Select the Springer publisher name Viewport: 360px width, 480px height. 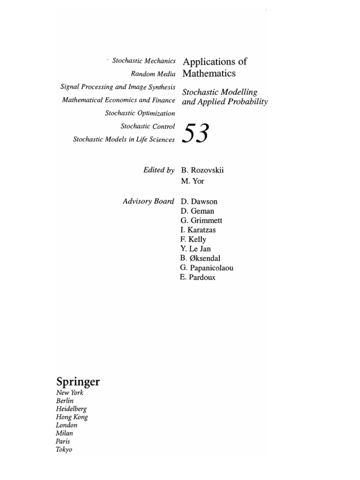[x=78, y=382]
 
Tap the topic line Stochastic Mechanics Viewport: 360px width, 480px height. [x=144, y=61]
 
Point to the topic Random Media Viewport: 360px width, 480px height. [x=154, y=74]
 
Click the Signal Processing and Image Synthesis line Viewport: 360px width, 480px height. [x=118, y=87]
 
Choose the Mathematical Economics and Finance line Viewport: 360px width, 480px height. [x=119, y=100]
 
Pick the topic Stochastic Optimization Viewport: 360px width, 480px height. [x=140, y=113]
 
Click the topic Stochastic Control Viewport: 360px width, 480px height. [x=148, y=126]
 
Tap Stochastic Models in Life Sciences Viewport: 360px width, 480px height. [x=124, y=139]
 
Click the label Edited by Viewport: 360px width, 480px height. [x=159, y=170]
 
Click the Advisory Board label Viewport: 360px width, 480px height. [x=149, y=202]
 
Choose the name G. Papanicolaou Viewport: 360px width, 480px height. [x=206, y=268]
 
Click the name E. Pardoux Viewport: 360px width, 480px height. [x=198, y=277]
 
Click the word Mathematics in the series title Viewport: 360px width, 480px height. [x=209, y=74]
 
